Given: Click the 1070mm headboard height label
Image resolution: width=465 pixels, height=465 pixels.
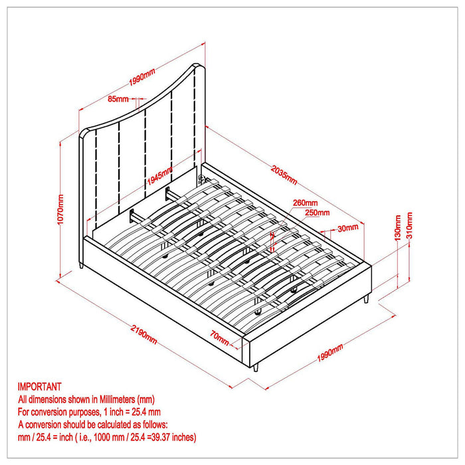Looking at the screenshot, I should (x=61, y=209).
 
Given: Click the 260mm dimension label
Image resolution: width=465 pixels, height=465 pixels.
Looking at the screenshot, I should (x=305, y=203).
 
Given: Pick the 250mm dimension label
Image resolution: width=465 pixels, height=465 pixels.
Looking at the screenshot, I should (x=317, y=213).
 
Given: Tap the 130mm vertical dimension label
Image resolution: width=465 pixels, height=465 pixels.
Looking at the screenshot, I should (x=397, y=227).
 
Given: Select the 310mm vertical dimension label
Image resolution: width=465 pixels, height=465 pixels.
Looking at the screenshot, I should (x=410, y=226).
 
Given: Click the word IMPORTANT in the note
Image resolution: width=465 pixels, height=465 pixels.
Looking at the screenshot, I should (x=40, y=386).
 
